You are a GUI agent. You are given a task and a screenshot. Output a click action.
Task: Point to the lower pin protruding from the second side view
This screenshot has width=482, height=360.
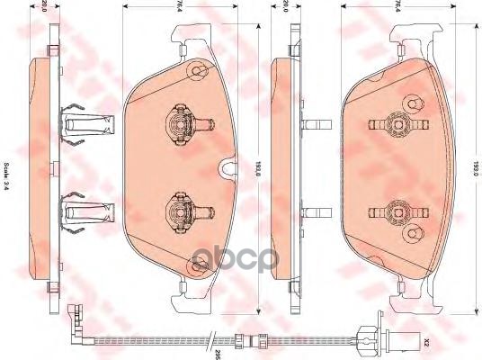[315, 212]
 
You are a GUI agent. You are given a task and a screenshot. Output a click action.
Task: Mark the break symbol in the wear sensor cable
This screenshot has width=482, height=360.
[210, 341]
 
